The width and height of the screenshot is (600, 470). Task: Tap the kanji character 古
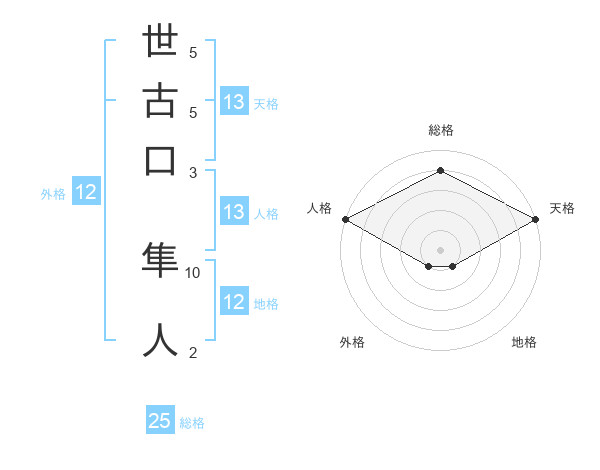pyautogui.click(x=161, y=101)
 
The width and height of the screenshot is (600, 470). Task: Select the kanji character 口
pyautogui.click(x=161, y=160)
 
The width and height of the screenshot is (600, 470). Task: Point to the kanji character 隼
pyautogui.click(x=161, y=261)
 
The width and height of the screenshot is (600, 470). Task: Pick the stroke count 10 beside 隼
pyautogui.click(x=193, y=272)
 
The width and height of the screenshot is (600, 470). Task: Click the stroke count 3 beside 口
pyautogui.click(x=193, y=172)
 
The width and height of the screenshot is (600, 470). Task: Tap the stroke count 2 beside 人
pyautogui.click(x=193, y=352)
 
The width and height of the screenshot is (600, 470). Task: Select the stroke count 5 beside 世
pyautogui.click(x=193, y=52)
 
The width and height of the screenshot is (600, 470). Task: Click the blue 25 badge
pyautogui.click(x=160, y=421)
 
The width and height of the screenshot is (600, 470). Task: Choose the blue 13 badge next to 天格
pyautogui.click(x=234, y=101)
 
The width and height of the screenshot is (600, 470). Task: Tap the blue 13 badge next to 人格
pyautogui.click(x=234, y=212)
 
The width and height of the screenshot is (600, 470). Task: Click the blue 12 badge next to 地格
pyautogui.click(x=234, y=302)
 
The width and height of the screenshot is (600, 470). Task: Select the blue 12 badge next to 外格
pyautogui.click(x=86, y=193)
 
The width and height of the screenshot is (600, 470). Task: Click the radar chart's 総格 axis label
pyautogui.click(x=441, y=130)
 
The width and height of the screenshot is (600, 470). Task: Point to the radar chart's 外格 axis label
pyautogui.click(x=352, y=342)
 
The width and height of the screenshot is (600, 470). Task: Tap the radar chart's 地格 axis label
pyautogui.click(x=524, y=342)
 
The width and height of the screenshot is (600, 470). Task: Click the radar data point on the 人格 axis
pyautogui.click(x=345, y=219)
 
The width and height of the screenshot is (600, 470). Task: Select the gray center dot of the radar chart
pyautogui.click(x=441, y=249)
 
